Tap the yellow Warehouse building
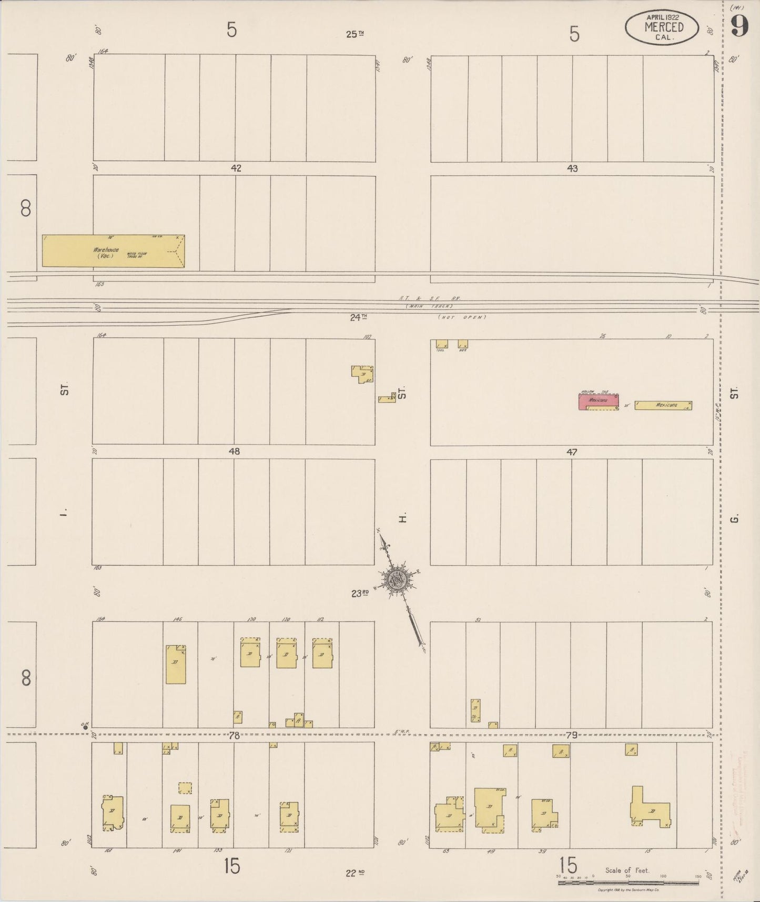[113, 251]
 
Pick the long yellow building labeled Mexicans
[663, 405]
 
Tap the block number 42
[236, 168]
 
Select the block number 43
[572, 168]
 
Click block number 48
[234, 452]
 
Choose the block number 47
[572, 452]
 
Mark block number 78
[234, 735]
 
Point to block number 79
[571, 735]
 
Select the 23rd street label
[360, 593]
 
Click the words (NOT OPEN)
[462, 317]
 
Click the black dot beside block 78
[85, 728]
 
